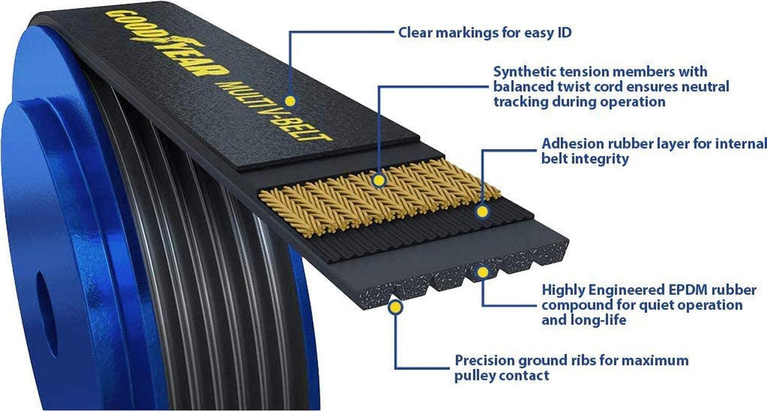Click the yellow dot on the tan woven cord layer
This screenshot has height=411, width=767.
pyautogui.click(x=380, y=180)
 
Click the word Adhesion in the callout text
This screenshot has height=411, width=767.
pyautogui.click(x=571, y=143)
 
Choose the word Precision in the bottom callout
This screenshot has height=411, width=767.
pyautogui.click(x=483, y=361)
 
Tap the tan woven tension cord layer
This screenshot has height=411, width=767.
pyautogui.click(x=419, y=183)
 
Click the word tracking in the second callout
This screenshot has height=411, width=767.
pyautogui.click(x=521, y=102)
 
